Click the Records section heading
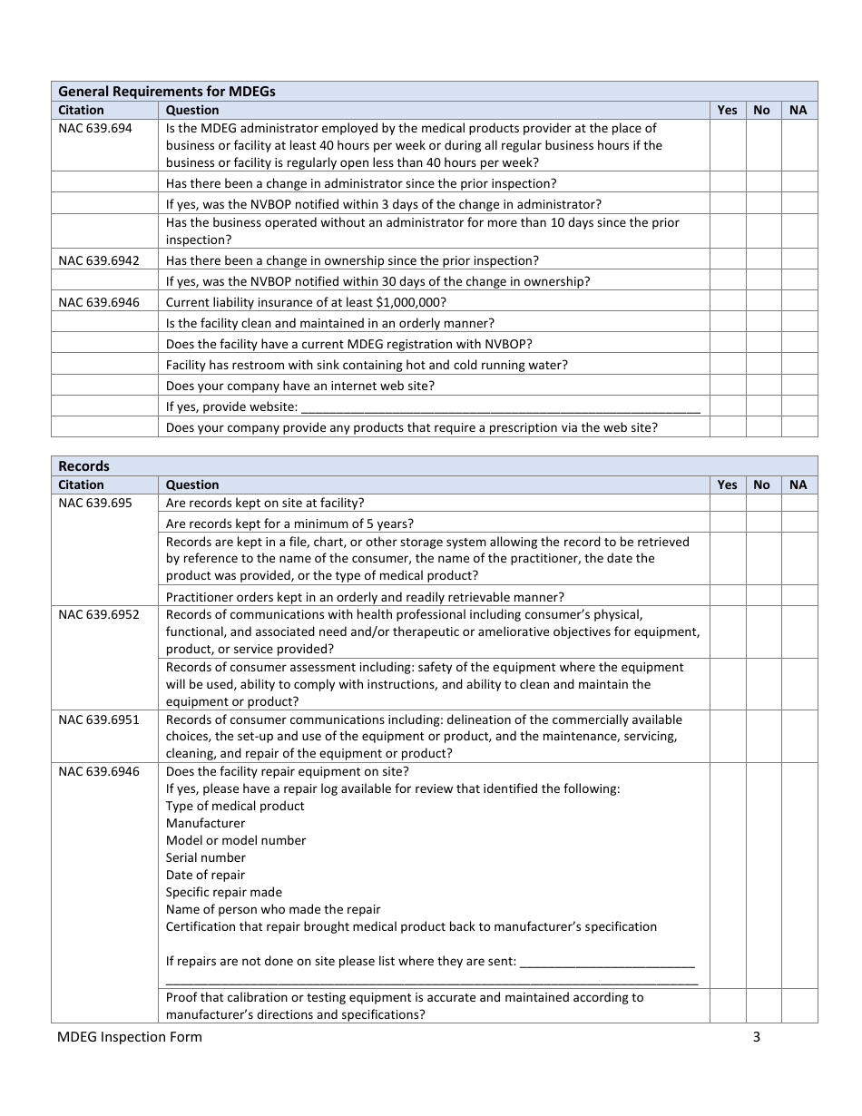tap(83, 465)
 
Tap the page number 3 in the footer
tap(756, 1037)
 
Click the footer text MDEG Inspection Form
tap(130, 1037)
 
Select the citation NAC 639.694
tap(95, 129)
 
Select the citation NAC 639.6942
tap(99, 260)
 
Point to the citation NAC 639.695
tap(95, 504)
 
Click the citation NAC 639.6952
tap(99, 615)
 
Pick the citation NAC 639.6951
tap(99, 720)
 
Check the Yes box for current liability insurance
tap(727, 302)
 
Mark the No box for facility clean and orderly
tap(762, 323)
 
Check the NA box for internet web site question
tap(798, 386)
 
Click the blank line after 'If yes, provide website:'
tap(500, 407)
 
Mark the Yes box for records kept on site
tap(727, 504)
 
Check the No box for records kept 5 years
tap(762, 524)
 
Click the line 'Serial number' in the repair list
tap(206, 858)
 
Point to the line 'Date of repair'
tap(206, 876)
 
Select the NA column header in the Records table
tap(798, 485)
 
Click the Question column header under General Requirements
tap(192, 111)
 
